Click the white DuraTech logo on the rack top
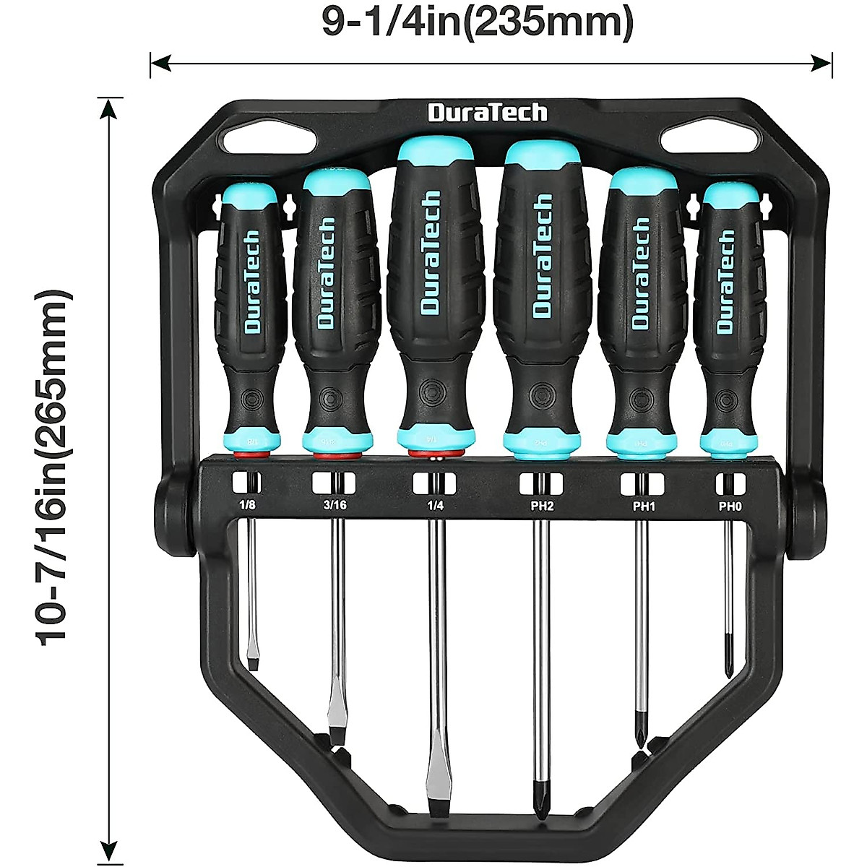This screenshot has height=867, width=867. click(x=488, y=113)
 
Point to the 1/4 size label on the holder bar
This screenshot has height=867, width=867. click(x=435, y=505)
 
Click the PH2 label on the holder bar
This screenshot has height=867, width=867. click(x=542, y=506)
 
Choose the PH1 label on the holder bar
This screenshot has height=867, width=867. click(x=644, y=506)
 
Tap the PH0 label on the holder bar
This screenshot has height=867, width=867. click(x=730, y=506)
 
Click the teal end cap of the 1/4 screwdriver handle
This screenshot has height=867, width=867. click(x=435, y=152)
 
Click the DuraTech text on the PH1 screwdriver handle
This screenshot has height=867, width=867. click(x=641, y=275)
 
